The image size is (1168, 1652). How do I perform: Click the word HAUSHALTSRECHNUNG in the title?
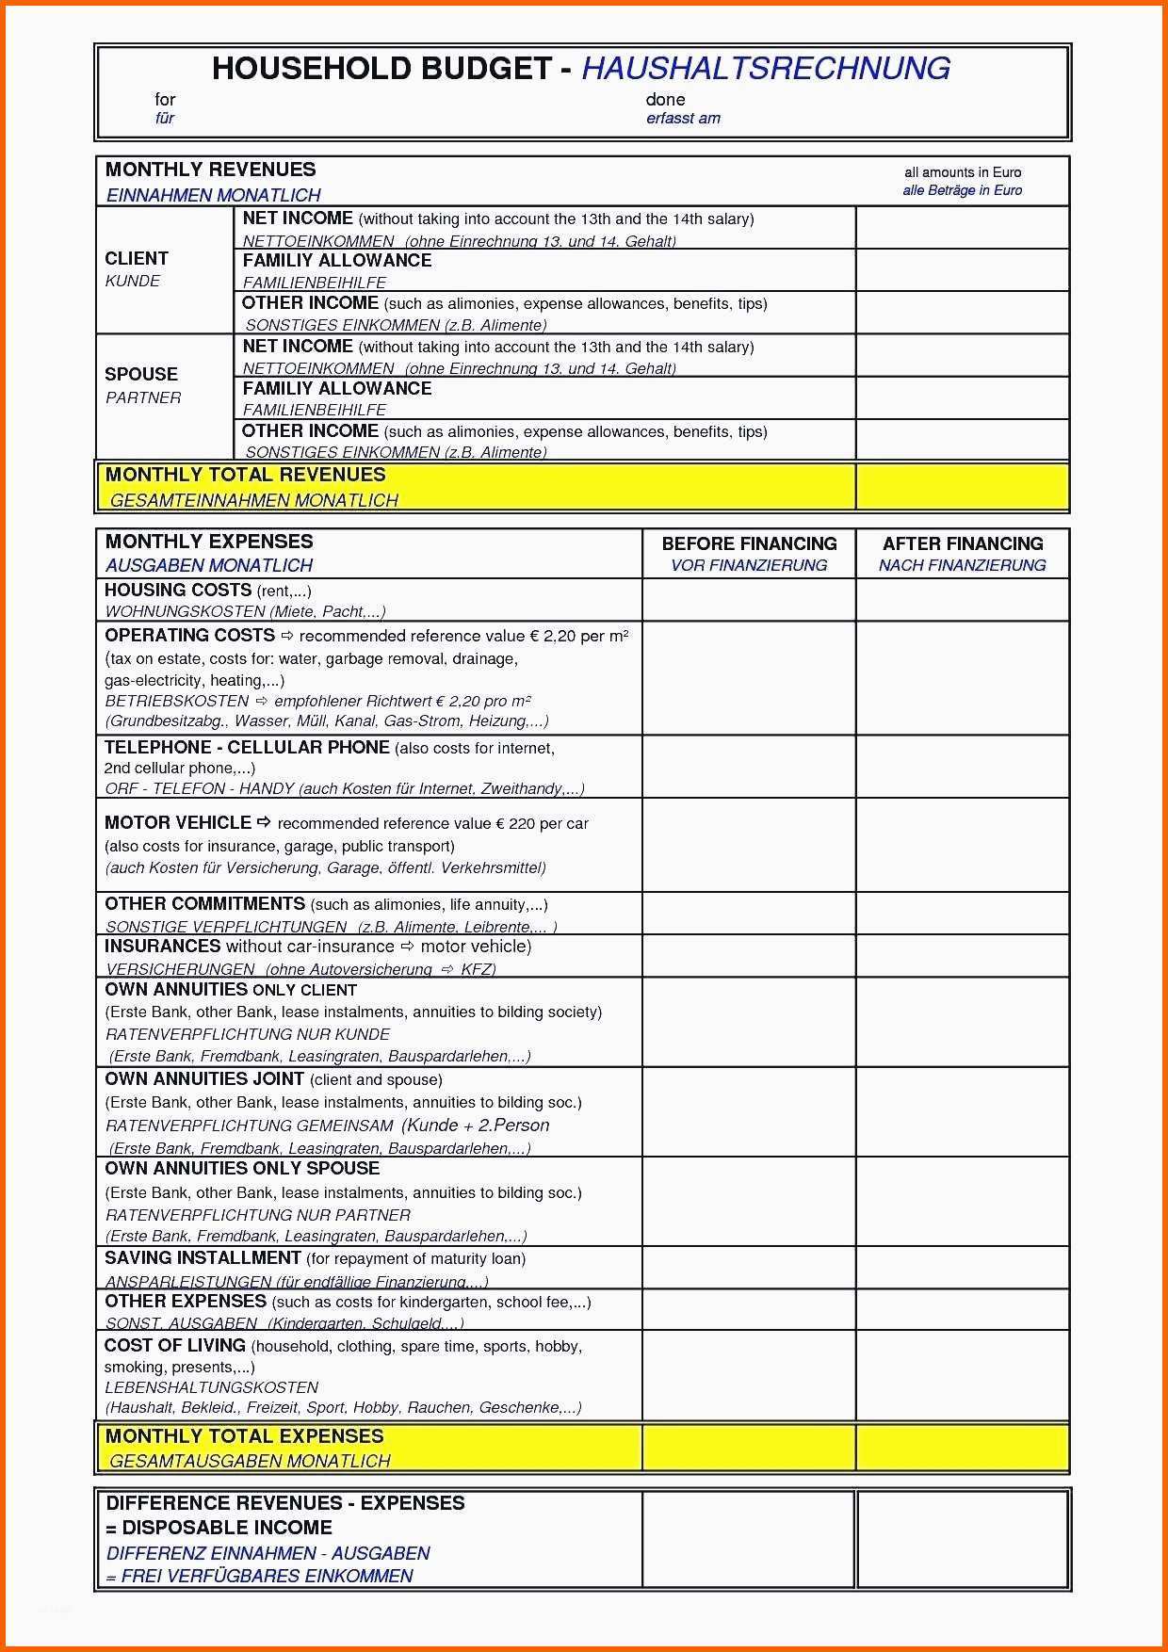tap(765, 69)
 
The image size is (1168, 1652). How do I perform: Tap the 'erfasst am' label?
tap(683, 119)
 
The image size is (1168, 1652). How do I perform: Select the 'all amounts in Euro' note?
tap(962, 172)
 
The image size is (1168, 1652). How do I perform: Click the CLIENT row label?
tap(137, 259)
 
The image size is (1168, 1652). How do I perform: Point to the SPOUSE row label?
tap(141, 375)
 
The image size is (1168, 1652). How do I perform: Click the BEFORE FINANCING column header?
tap(749, 544)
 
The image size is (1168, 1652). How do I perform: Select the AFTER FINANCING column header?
tap(962, 544)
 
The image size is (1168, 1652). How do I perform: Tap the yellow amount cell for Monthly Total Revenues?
tap(962, 487)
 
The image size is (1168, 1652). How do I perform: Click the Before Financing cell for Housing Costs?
tap(749, 600)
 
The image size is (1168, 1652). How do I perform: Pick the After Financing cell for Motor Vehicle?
tap(962, 845)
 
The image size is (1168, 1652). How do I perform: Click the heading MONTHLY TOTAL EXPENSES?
tap(245, 1436)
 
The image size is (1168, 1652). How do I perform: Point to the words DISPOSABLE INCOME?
tap(227, 1528)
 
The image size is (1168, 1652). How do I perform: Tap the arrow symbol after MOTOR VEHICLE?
tap(264, 822)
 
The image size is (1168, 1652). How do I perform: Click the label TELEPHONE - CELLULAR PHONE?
tap(247, 748)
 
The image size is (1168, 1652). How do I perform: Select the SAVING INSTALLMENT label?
tap(203, 1258)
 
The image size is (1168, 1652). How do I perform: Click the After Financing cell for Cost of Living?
tap(962, 1375)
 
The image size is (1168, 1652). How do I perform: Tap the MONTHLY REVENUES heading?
tap(210, 170)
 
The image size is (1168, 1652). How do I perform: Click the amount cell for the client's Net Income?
tap(962, 228)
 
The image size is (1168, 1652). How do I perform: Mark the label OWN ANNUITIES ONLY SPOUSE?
tap(242, 1169)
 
